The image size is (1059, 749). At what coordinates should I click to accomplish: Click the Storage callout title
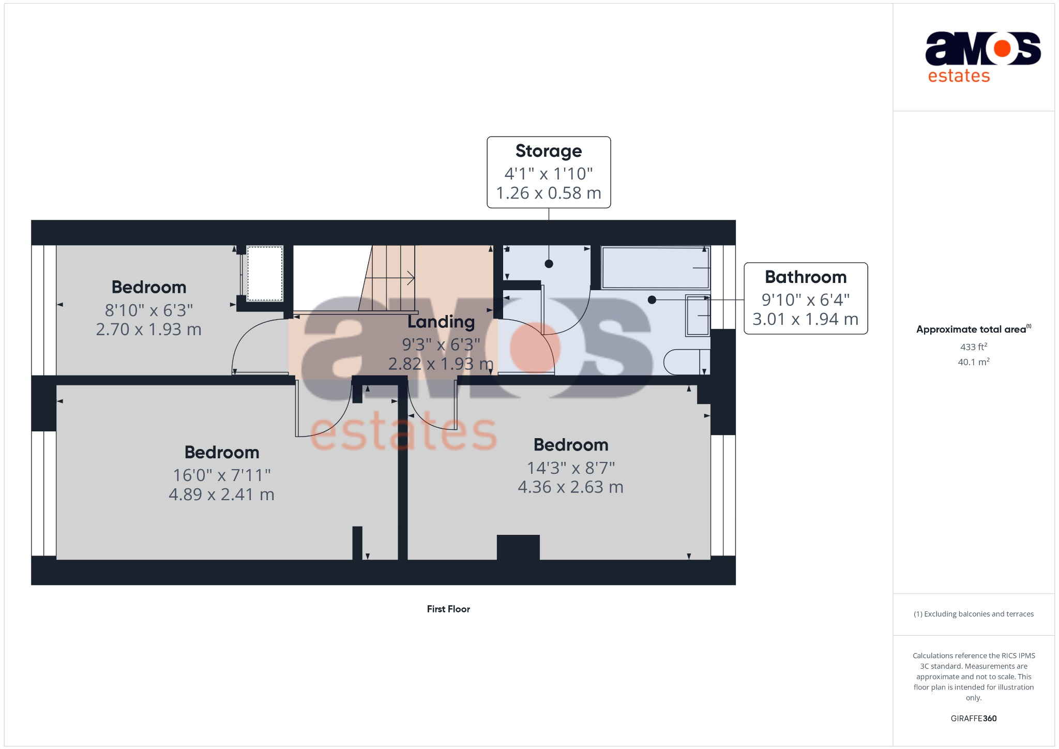tap(549, 151)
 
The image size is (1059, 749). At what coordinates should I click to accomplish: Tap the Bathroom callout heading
tap(806, 277)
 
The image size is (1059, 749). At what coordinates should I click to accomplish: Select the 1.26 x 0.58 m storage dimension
tap(549, 193)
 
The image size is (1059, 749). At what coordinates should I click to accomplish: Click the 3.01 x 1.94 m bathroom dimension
tap(805, 319)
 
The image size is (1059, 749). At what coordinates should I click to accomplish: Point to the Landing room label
tap(441, 322)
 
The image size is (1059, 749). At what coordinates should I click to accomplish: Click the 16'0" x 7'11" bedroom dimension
tap(222, 475)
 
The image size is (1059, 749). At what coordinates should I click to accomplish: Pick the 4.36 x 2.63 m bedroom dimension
tap(570, 487)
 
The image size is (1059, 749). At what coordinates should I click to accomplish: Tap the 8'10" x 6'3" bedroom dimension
tap(149, 310)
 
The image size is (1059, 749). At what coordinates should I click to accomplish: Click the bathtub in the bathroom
tap(655, 267)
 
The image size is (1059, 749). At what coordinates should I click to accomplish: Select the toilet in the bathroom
tap(685, 362)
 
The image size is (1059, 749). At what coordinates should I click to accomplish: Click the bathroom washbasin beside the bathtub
tap(698, 315)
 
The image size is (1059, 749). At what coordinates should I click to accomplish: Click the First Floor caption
tap(448, 609)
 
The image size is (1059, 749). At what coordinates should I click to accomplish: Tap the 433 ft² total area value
tap(973, 347)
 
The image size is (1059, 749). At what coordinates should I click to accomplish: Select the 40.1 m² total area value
tap(973, 362)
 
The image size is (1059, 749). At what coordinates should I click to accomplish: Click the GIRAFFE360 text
tap(973, 718)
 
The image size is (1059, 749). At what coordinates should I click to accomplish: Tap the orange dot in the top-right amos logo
tap(1002, 49)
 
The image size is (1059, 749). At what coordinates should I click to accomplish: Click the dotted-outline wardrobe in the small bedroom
tap(265, 273)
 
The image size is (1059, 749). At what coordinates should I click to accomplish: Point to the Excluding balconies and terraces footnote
tap(973, 614)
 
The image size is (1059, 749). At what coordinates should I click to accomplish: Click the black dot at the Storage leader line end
tap(549, 264)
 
